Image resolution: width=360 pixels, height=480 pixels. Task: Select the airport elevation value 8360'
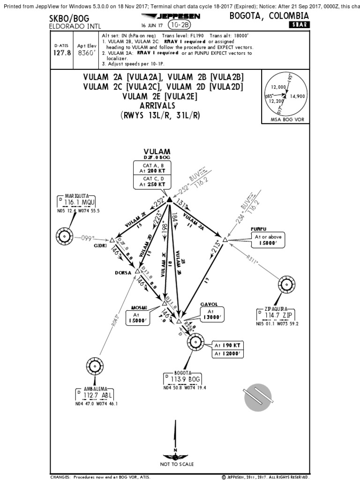[86, 52]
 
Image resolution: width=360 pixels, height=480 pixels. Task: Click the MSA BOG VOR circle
[285, 95]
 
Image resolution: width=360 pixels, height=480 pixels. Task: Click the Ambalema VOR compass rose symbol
[95, 366]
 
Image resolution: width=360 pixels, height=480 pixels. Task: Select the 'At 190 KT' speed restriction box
[227, 345]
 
